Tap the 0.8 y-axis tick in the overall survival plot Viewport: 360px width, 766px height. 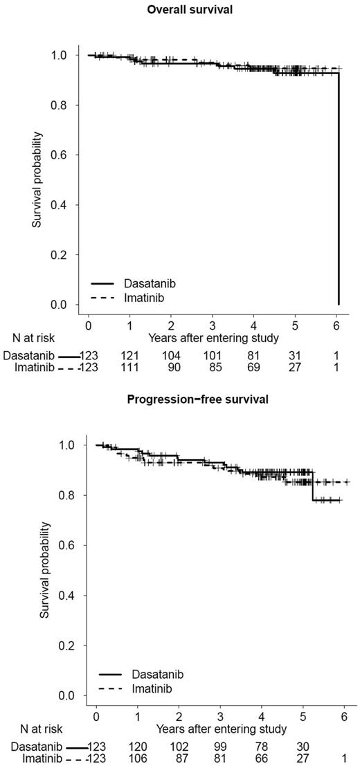click(x=63, y=105)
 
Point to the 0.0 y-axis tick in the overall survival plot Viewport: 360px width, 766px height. click(x=63, y=305)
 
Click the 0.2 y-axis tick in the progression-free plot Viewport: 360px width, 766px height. click(x=70, y=645)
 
